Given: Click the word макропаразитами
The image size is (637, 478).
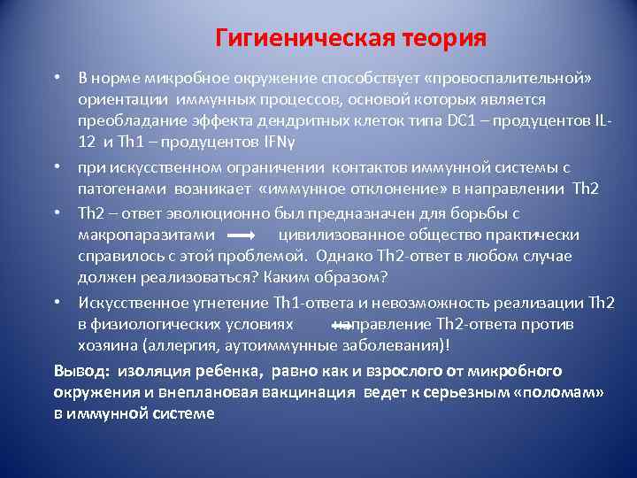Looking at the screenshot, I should point(147,235).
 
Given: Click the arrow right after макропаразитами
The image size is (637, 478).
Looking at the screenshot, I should point(242,236).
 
